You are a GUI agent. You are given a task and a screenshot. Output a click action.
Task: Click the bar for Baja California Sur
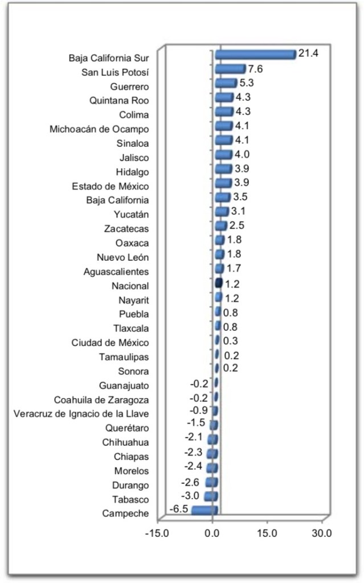(x=255, y=54)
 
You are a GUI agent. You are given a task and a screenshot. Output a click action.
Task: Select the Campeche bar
(x=205, y=510)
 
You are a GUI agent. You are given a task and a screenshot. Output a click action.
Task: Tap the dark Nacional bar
(x=218, y=282)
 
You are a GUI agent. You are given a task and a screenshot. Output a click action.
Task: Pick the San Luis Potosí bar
(x=230, y=69)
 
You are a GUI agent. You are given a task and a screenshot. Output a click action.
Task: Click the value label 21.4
(x=308, y=54)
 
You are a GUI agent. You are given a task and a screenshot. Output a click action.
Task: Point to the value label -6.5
(x=179, y=508)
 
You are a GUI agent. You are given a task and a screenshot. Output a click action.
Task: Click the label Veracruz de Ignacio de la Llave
(x=81, y=414)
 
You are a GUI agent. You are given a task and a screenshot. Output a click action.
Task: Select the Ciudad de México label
(x=111, y=343)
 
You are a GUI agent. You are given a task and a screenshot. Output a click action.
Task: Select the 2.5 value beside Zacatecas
(x=237, y=225)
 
